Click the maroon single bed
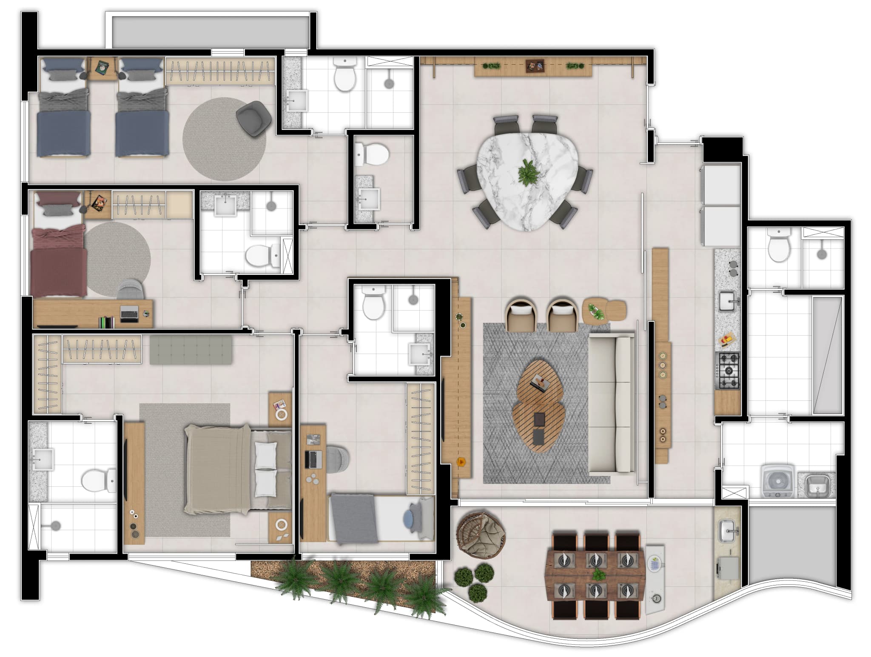point(59,264)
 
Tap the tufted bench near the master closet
point(191,350)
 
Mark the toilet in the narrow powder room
point(373,154)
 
